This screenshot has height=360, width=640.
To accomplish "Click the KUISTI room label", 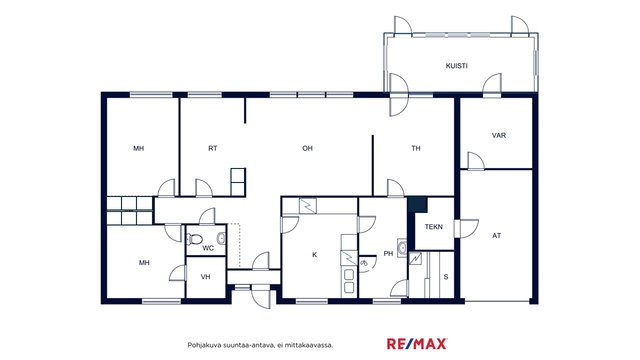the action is click(456, 66).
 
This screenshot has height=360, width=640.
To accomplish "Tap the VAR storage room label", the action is click(499, 135).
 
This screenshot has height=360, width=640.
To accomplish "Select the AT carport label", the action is click(496, 236).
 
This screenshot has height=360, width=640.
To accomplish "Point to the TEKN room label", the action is click(433, 227).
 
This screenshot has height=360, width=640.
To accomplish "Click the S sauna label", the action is click(446, 277).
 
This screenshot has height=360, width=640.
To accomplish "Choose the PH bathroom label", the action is click(388, 253).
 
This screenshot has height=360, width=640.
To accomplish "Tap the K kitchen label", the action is click(315, 255).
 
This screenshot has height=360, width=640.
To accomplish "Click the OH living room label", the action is click(307, 148).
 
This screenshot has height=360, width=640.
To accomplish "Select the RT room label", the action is click(213, 148).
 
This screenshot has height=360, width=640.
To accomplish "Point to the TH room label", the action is click(416, 148).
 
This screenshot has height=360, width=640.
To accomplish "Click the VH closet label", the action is click(205, 277).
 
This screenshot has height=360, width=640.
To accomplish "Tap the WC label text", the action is click(208, 248).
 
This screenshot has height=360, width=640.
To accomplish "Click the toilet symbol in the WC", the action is click(194, 238).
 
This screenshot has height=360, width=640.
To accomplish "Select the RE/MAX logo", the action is click(417, 344).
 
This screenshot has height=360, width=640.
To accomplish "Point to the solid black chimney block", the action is click(417, 204).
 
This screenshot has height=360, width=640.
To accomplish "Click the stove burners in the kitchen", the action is click(349, 281).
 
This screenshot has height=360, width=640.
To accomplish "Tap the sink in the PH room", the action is click(402, 247).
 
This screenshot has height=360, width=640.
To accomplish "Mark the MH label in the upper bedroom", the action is click(139, 148).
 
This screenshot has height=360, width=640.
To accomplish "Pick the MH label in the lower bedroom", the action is click(144, 262).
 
